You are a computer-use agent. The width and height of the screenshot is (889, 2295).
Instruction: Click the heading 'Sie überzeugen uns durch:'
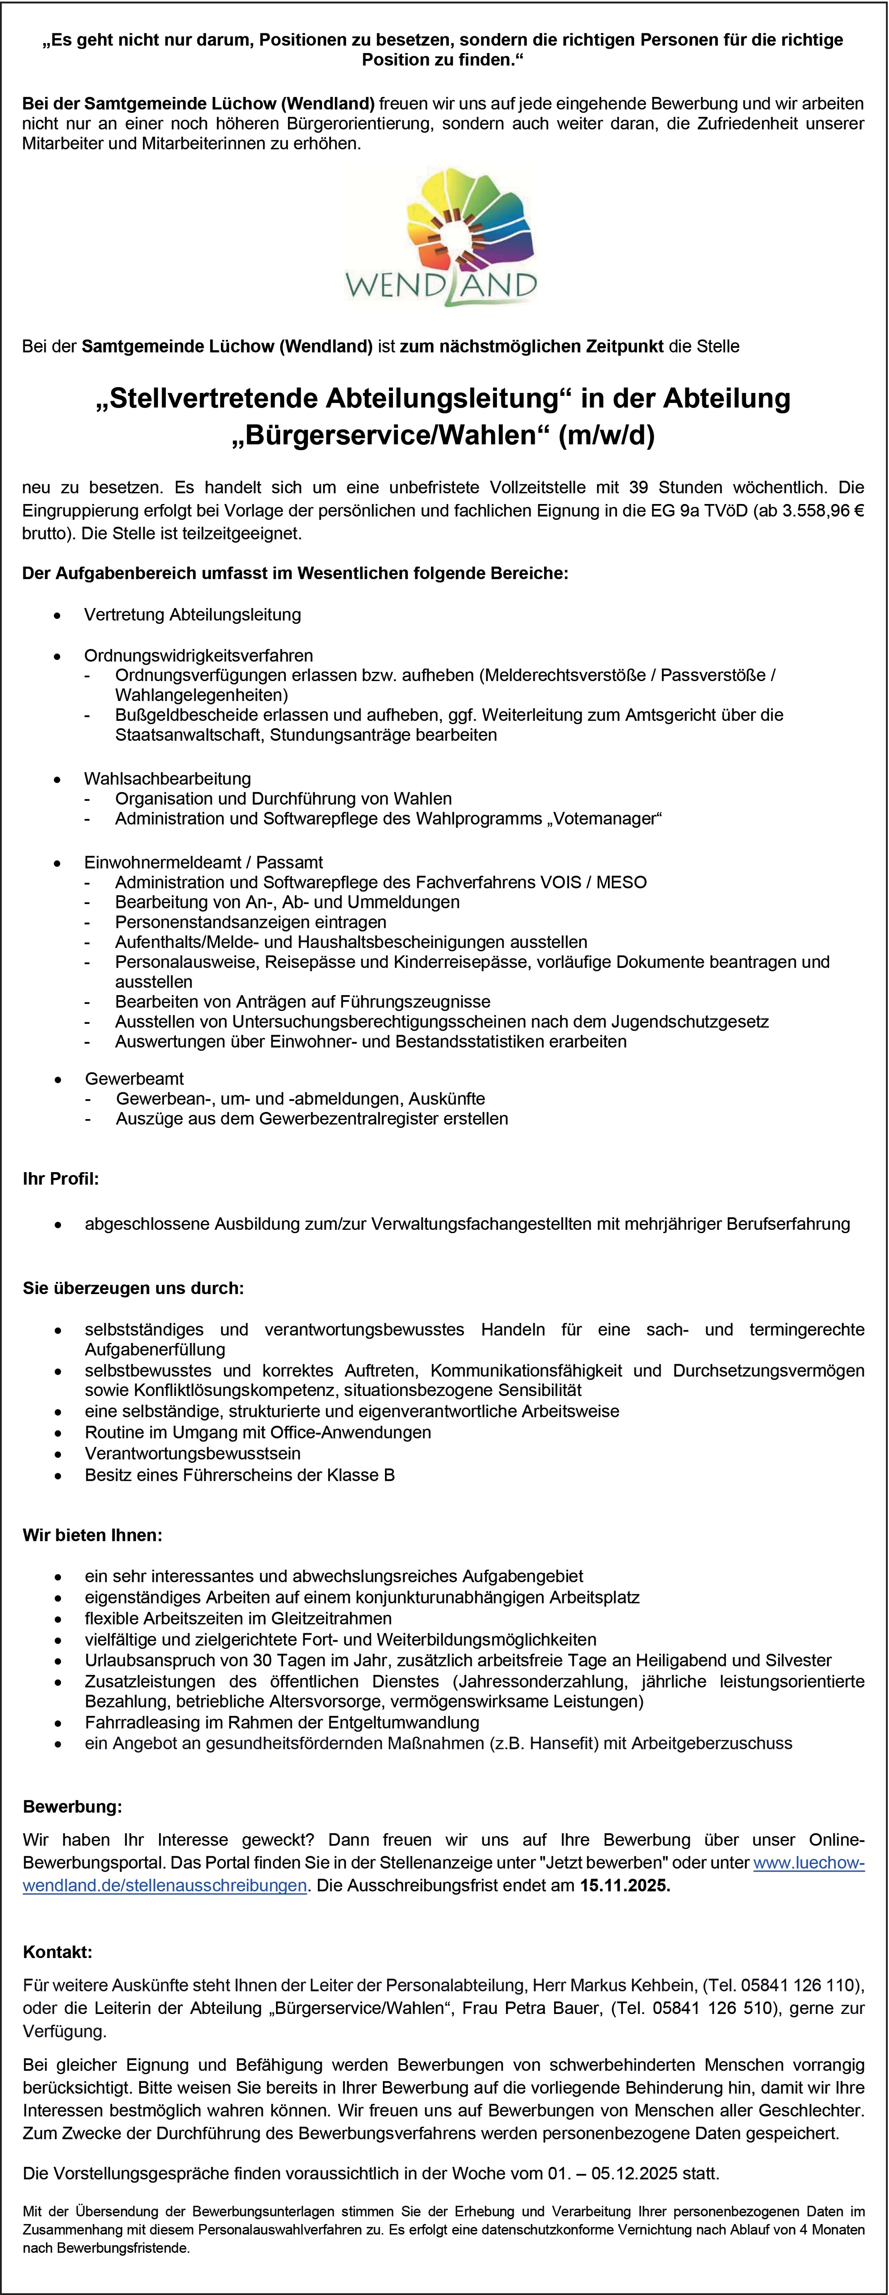pos(134,1288)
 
